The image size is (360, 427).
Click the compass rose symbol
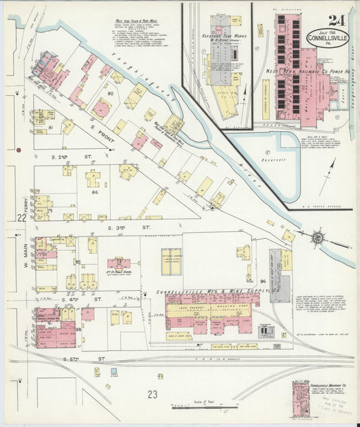coord(316,238)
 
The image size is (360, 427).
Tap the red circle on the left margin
coord(20,149)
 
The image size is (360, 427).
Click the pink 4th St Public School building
coord(119,263)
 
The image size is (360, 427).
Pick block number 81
coord(50,126)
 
